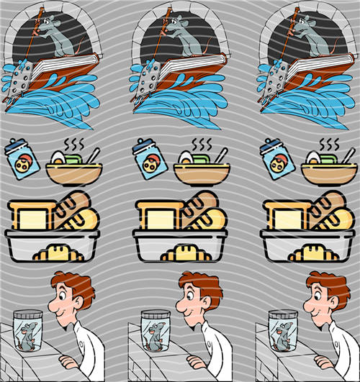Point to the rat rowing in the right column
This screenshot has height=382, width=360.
point(310,37)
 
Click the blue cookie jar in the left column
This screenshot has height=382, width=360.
point(21,160)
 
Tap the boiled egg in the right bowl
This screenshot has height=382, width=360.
point(314,158)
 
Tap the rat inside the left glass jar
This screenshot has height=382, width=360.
point(28,335)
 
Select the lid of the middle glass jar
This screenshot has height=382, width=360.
point(157,314)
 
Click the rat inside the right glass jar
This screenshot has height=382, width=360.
point(282,335)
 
